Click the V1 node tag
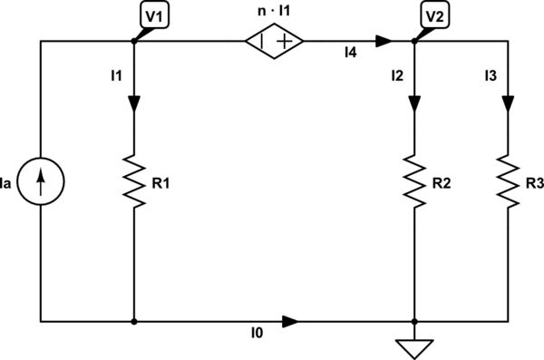click(151, 16)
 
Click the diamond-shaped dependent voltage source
click(273, 41)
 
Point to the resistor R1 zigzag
click(133, 181)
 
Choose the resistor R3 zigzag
click(507, 181)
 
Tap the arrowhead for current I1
click(133, 103)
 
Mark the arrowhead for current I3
click(507, 103)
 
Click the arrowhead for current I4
click(383, 41)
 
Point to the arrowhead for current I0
click(289, 321)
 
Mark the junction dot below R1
click(133, 321)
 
